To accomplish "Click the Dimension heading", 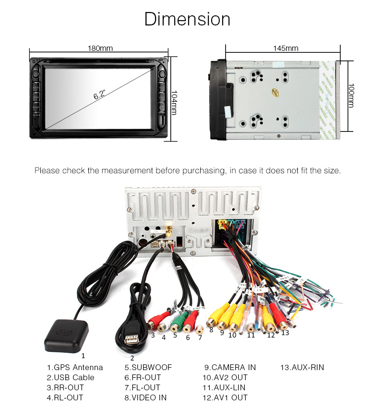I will [x=187, y=19].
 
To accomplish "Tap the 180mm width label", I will [x=100, y=48].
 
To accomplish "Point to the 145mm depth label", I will [x=285, y=48].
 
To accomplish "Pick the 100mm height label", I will [x=351, y=96].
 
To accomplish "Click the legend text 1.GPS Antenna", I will [x=75, y=367].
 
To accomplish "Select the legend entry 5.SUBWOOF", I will [x=148, y=367].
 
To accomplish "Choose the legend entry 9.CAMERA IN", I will [x=230, y=367].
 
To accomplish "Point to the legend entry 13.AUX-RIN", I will [x=302, y=367].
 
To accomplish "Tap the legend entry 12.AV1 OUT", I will [x=225, y=397].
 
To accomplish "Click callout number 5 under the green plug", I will [x=175, y=335].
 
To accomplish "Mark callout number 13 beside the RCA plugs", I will [x=285, y=332].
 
